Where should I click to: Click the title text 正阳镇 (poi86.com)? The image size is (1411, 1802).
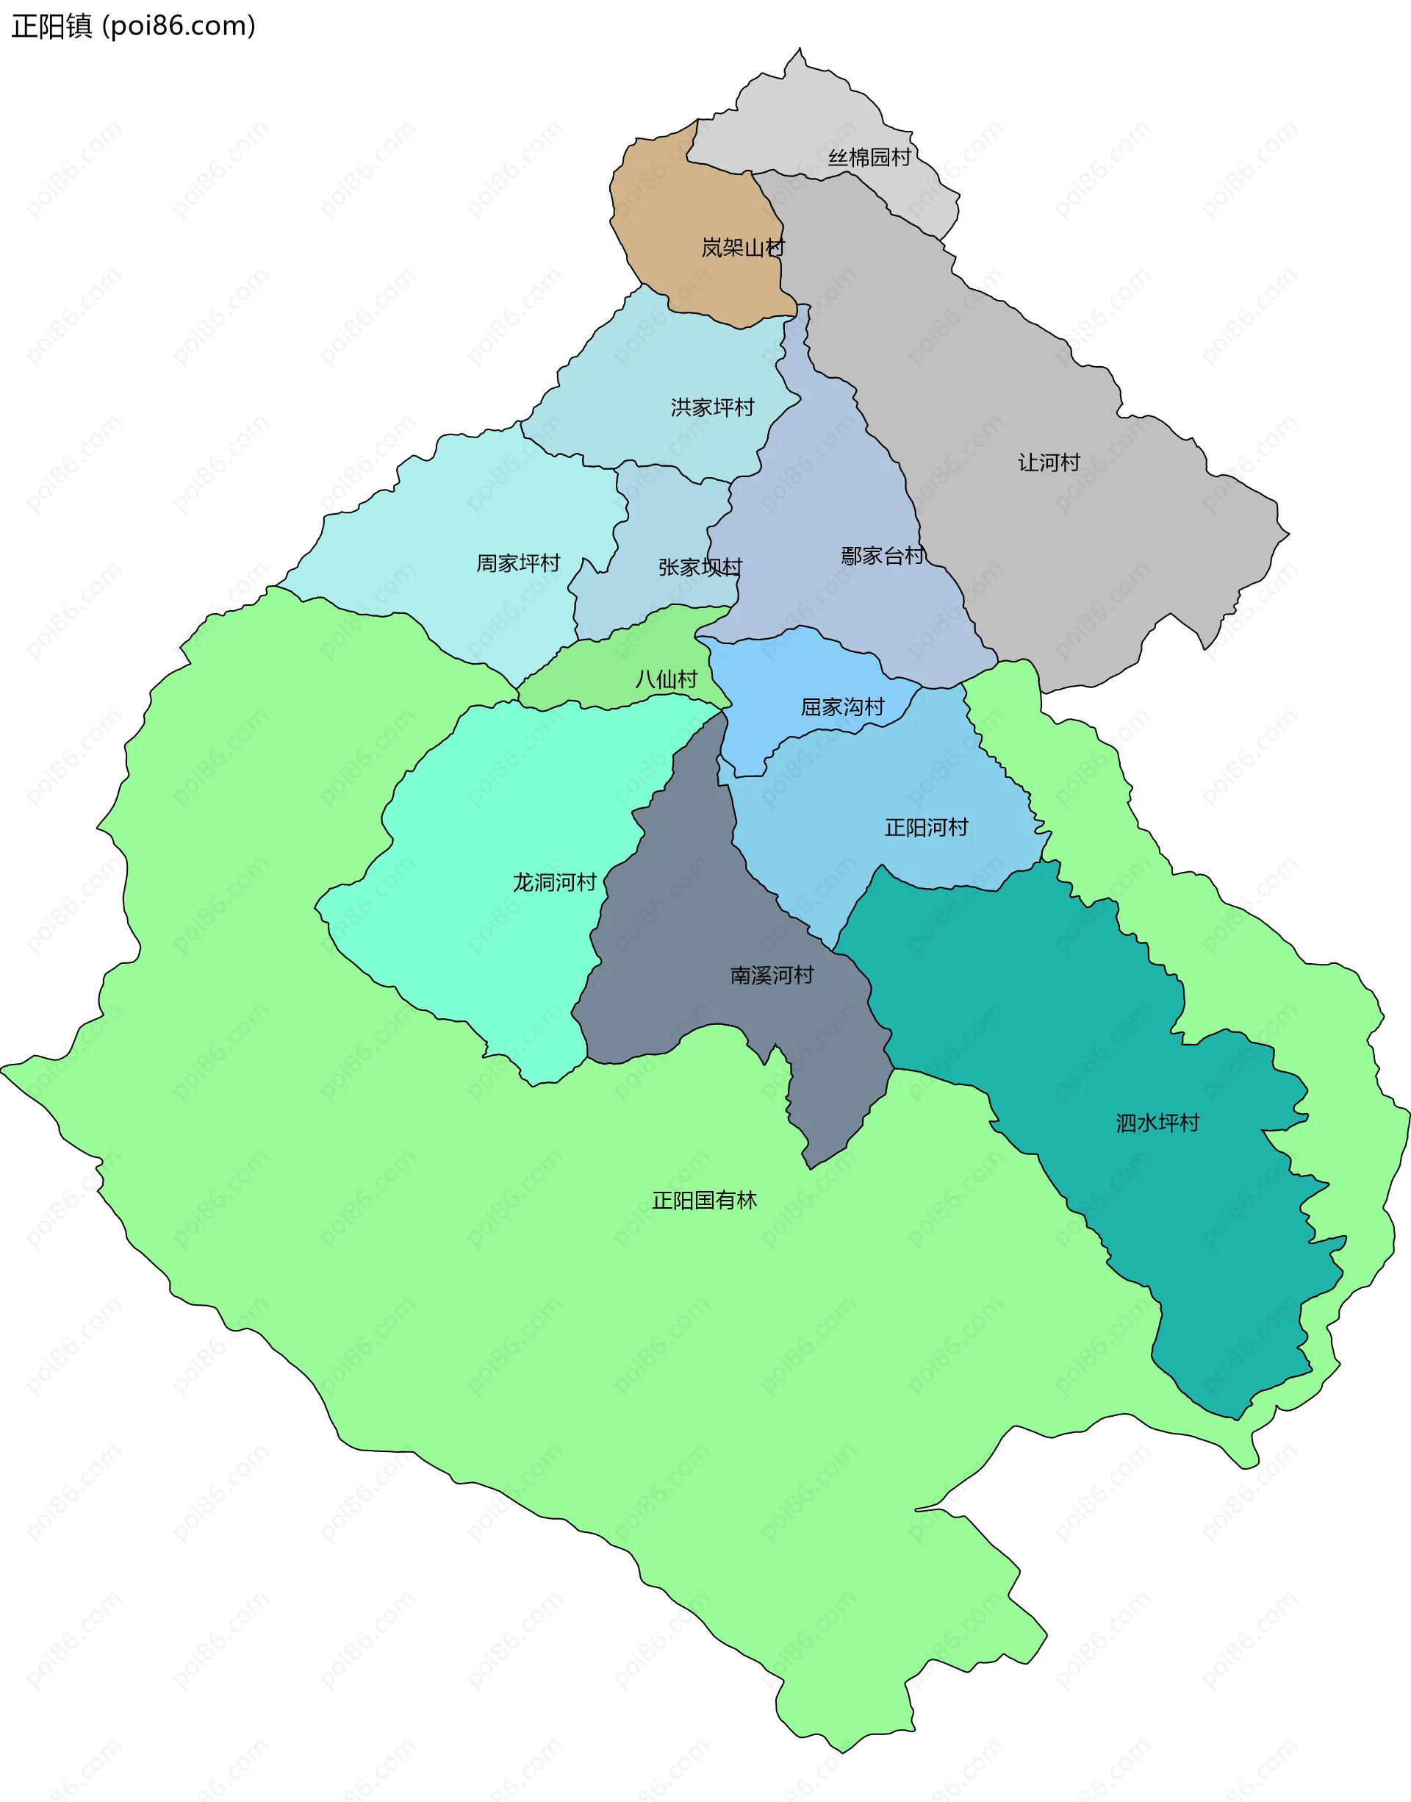(x=133, y=26)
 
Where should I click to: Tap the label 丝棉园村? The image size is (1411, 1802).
(x=869, y=157)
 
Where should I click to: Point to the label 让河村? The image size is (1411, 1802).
(x=1049, y=462)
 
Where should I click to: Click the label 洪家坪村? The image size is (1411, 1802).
(x=712, y=407)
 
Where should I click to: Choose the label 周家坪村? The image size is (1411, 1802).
(x=518, y=562)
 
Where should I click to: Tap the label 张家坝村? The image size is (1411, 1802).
(x=700, y=567)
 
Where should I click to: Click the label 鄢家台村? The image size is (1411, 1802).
(x=883, y=555)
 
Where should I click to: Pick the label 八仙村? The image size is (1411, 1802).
(x=666, y=679)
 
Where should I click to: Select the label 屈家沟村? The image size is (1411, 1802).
(x=841, y=707)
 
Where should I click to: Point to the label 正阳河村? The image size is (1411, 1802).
(x=926, y=827)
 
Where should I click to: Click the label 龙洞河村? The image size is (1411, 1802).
(x=554, y=882)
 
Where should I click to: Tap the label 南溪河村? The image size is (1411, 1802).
(x=772, y=975)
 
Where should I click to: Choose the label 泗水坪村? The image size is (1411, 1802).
(x=1157, y=1123)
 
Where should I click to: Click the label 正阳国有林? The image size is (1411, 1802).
(x=704, y=1201)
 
